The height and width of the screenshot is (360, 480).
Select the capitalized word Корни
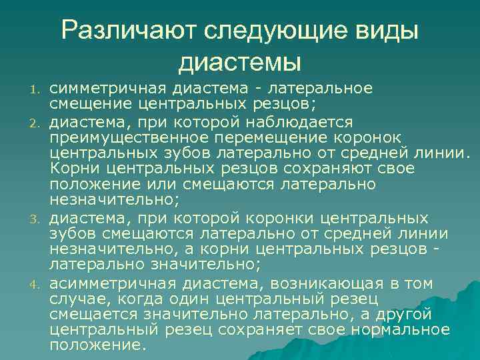[x=73, y=169]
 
